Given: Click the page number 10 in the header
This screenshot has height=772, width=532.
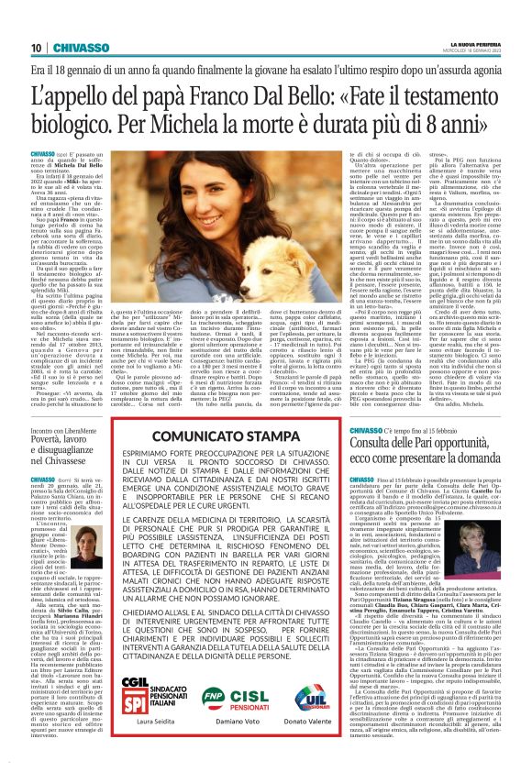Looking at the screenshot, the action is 36,48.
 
